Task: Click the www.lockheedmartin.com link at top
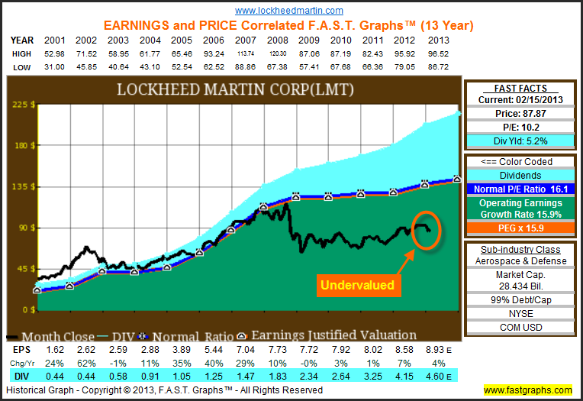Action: (289, 11)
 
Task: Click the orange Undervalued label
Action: (357, 285)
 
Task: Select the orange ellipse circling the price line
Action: (426, 226)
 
